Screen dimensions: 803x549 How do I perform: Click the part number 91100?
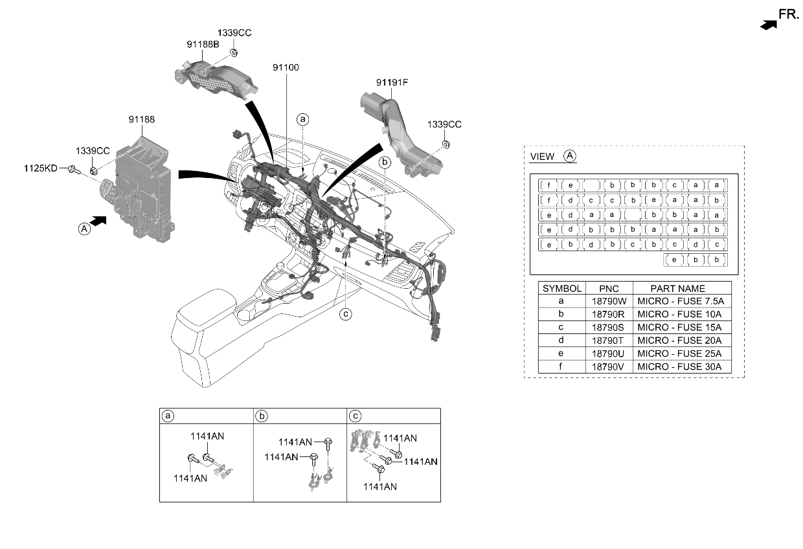coord(286,67)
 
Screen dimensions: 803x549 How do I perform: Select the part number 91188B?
coord(203,45)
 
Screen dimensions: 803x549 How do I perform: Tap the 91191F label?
coord(392,82)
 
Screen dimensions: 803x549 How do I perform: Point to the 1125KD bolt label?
coord(41,168)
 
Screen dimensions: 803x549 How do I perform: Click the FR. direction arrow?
coord(768,25)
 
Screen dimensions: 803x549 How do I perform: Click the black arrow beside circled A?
coord(98,221)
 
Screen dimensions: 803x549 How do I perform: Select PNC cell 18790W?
coord(609,301)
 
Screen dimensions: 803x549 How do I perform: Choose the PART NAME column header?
coord(677,289)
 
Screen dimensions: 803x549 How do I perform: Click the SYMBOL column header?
coord(561,289)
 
